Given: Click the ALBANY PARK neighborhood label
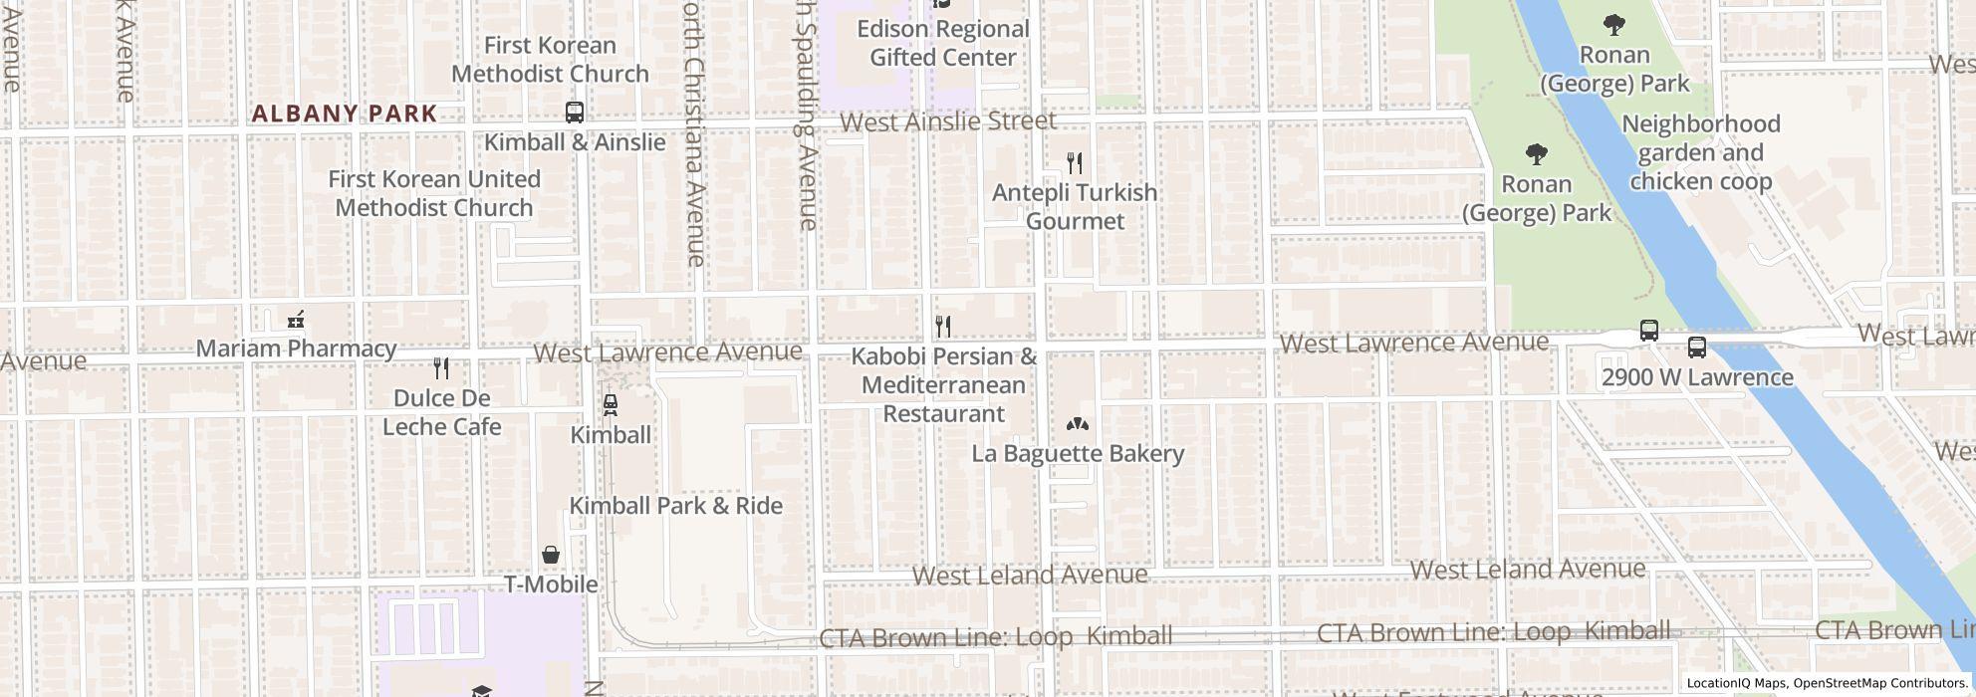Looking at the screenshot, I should point(344,114).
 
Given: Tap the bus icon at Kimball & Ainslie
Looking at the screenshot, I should point(574,113).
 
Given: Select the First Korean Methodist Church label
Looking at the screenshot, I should point(550,60).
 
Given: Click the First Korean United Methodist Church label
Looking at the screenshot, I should point(434,193).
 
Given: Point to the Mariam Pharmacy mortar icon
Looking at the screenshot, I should point(295,320).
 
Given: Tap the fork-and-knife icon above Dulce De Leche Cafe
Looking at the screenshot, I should point(441,368).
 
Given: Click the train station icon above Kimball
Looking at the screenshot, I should point(610,405).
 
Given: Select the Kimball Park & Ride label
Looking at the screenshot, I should point(675,506).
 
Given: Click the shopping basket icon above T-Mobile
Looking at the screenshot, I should point(551,555).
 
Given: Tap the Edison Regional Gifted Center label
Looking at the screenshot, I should point(942,44).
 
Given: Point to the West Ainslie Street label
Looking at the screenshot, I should point(947,121).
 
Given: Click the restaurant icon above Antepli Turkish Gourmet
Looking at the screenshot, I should point(1074,163).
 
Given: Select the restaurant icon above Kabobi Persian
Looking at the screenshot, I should point(942,327).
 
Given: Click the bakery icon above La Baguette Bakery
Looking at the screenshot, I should point(1077,425).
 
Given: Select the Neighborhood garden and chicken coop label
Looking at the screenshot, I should point(1700,153).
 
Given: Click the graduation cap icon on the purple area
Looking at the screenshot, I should point(481,691).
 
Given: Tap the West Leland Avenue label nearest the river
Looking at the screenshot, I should point(1527,570).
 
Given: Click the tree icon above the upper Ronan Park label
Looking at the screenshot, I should point(1613,25).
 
